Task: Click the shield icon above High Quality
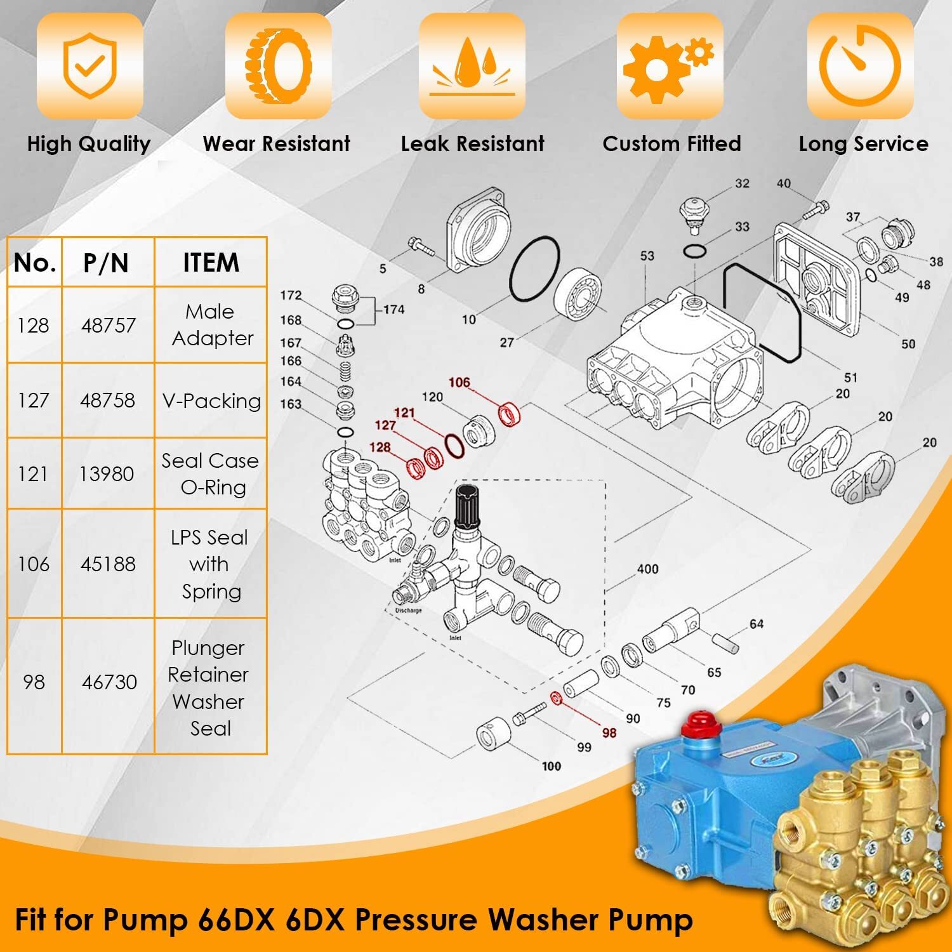[89, 65]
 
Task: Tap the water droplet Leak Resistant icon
[472, 65]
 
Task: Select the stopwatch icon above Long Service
[860, 65]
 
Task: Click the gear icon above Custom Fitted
[670, 65]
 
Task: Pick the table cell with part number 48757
[108, 325]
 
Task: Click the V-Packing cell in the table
[211, 400]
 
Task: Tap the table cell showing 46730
[109, 682]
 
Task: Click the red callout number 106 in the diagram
[459, 382]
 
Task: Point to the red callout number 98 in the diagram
[609, 732]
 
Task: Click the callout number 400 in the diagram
[647, 569]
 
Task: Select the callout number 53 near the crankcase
[647, 256]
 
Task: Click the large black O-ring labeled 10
[534, 270]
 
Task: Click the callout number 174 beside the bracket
[393, 309]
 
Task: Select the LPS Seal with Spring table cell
[210, 564]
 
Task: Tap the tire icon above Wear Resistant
[279, 65]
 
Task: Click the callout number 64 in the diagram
[757, 624]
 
